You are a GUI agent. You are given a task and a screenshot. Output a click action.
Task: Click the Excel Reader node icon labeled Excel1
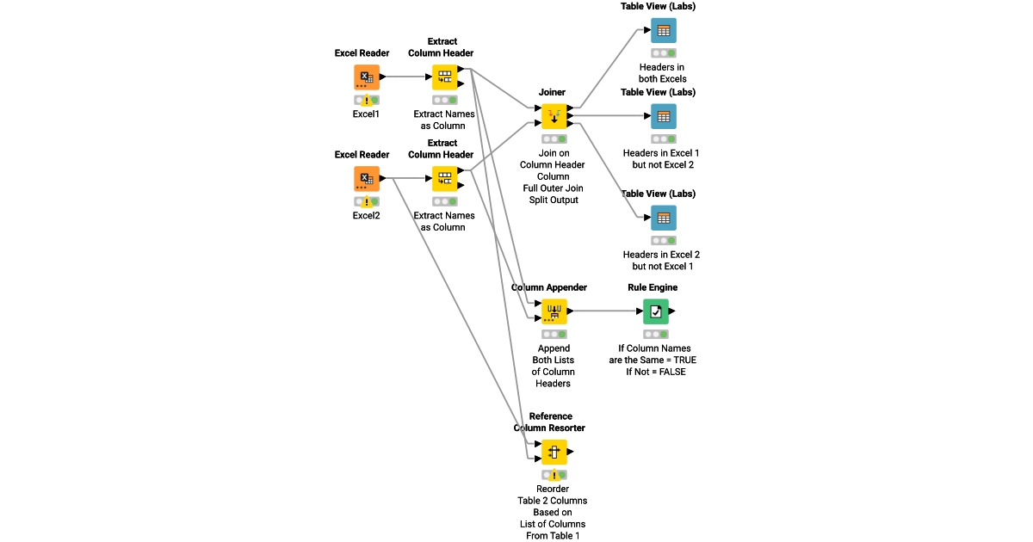pos(367,77)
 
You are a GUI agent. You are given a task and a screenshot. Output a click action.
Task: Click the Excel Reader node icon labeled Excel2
pos(367,179)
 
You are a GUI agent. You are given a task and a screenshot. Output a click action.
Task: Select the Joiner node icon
pos(554,116)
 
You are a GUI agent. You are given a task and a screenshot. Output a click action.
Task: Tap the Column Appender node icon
pos(554,311)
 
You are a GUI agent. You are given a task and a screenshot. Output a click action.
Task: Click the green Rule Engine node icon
pos(656,311)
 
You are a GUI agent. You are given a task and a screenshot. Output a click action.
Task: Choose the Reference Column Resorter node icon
pos(554,452)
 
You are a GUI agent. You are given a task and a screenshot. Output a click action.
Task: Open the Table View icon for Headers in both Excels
pos(663,31)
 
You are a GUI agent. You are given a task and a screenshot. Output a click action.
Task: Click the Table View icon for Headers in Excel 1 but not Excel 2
pos(663,116)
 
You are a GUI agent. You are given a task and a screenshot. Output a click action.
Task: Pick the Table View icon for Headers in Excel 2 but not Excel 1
pos(663,218)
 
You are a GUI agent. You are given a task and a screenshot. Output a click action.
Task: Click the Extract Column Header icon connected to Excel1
pos(445,77)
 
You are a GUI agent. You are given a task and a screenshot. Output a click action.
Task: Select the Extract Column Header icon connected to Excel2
pos(445,179)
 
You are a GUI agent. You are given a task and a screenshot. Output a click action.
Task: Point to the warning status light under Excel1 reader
pos(367,101)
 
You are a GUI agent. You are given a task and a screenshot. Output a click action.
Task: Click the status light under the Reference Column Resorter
pos(554,475)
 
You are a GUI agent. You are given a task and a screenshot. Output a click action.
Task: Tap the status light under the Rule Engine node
pos(656,335)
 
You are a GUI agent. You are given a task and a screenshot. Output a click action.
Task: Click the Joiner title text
pos(552,92)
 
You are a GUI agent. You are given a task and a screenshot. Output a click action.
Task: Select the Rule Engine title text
pos(653,287)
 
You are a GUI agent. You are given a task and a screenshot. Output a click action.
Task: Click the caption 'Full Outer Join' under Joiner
pos(552,188)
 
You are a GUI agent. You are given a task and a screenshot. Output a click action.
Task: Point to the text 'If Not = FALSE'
pos(656,372)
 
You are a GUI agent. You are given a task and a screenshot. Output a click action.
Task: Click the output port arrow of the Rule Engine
pos(672,311)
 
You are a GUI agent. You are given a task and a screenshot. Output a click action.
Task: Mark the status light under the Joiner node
pos(554,139)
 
